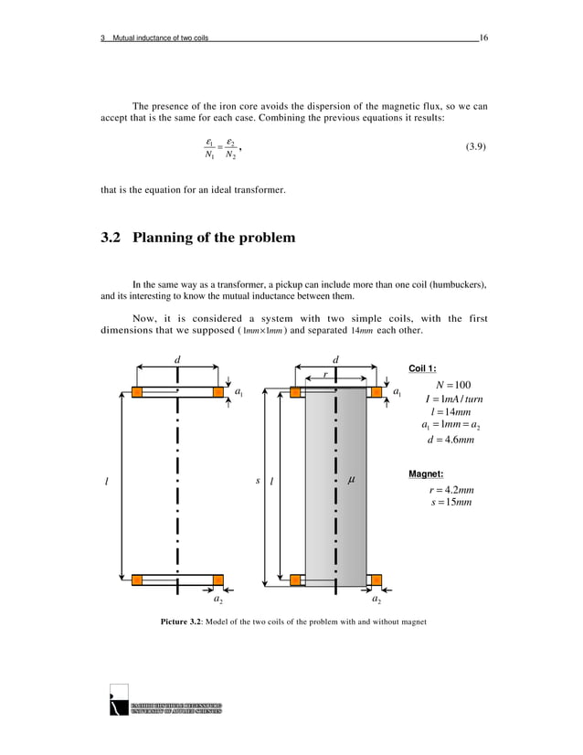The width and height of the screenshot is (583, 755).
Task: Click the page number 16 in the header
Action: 482,37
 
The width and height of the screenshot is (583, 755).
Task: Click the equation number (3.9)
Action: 472,146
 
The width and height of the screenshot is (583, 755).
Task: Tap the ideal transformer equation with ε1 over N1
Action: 221,147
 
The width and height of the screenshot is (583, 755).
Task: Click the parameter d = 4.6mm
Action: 447,441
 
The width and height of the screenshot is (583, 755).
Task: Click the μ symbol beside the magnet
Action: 351,479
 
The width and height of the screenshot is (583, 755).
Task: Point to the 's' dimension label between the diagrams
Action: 257,481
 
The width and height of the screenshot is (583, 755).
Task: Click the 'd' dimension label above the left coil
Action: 177,359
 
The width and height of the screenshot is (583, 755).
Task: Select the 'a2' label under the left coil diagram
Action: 217,601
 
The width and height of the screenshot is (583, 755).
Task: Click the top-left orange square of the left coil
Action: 137,392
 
